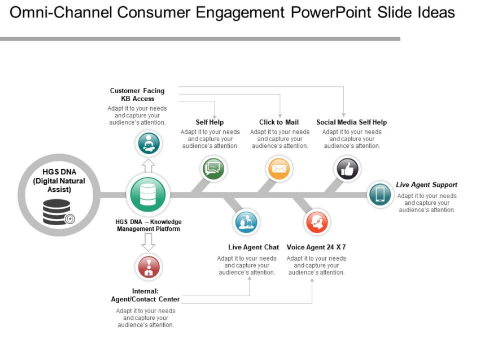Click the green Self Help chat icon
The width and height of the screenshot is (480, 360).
[x=213, y=168]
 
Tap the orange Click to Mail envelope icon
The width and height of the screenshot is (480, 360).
[x=280, y=168]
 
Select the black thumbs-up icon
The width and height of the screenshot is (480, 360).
[x=347, y=168]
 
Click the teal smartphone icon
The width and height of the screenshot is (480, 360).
[x=380, y=195]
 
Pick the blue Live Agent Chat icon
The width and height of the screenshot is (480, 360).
[x=246, y=222]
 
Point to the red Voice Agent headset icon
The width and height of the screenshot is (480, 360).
[x=317, y=222]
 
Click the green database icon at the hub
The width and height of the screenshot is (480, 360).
[x=148, y=195]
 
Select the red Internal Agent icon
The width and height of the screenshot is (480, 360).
[x=149, y=267]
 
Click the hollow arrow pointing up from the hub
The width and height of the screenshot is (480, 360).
[x=148, y=165]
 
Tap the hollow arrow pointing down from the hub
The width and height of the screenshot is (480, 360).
[x=148, y=242]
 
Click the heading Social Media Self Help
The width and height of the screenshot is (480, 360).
[x=351, y=122]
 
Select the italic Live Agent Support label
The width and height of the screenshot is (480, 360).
[x=426, y=185]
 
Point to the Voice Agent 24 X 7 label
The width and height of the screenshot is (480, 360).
[x=316, y=247]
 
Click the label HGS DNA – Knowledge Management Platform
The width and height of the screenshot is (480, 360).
[x=149, y=226]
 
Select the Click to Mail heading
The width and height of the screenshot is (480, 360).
[x=279, y=122]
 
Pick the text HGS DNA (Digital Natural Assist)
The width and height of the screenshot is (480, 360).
[x=58, y=181]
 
